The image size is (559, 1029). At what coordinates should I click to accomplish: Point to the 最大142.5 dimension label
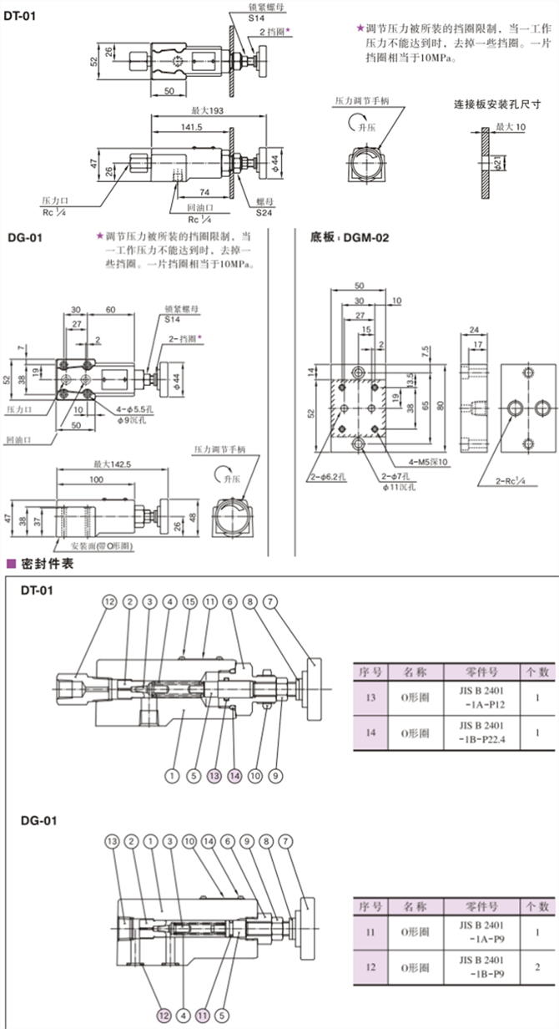110,462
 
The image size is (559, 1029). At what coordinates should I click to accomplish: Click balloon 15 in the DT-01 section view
189,601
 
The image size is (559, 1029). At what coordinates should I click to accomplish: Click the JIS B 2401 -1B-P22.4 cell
471,732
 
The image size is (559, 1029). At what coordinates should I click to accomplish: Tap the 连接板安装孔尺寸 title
497,105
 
